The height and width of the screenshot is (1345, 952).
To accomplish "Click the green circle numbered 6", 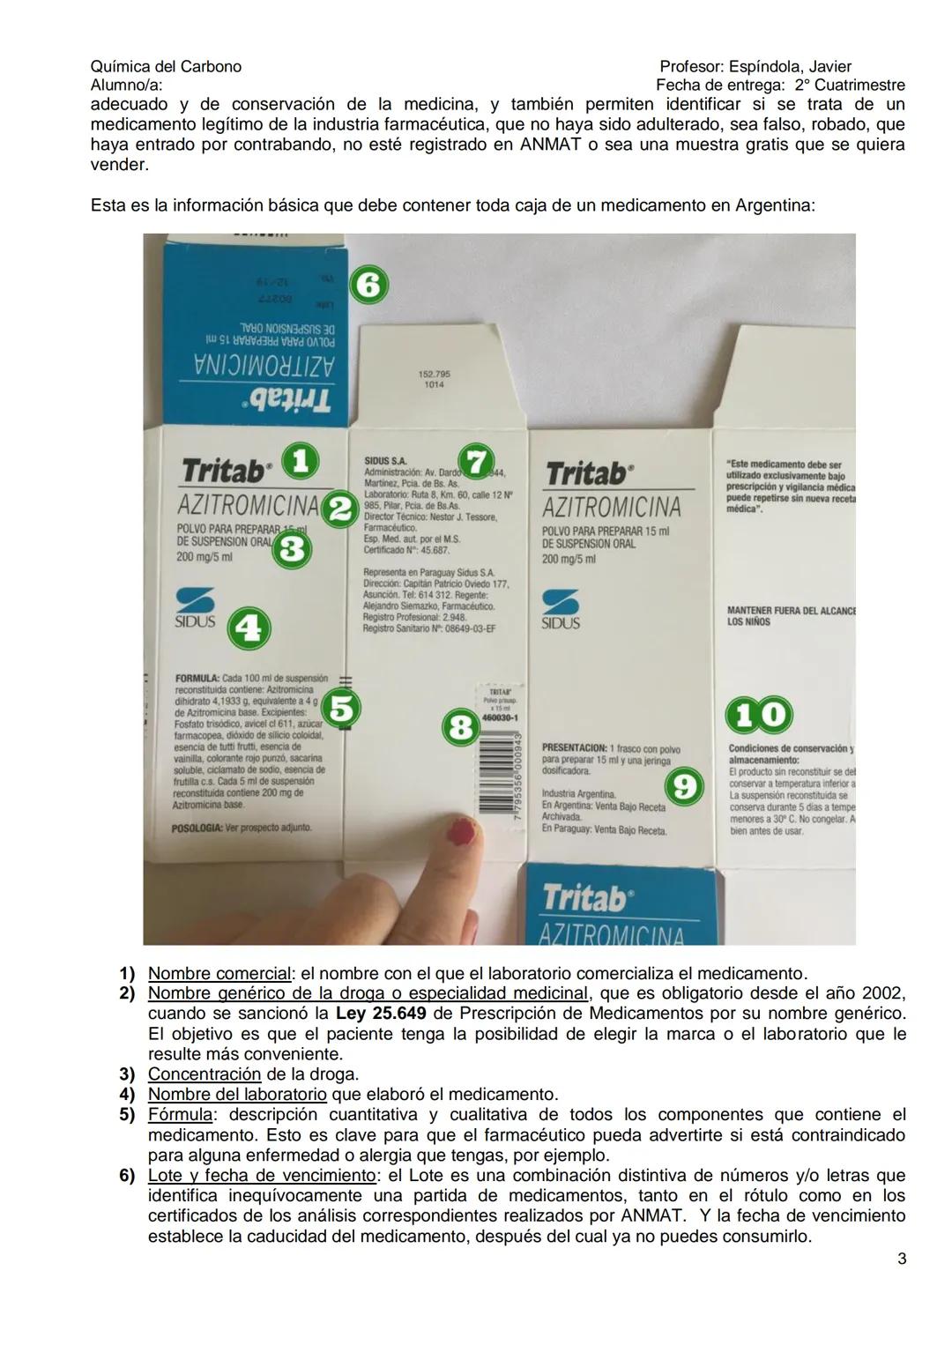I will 370,286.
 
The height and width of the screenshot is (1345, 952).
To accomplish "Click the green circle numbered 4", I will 249,628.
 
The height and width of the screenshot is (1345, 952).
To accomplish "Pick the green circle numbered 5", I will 343,708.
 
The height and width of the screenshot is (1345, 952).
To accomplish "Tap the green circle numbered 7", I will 476,462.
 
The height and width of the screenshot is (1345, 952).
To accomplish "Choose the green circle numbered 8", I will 459,728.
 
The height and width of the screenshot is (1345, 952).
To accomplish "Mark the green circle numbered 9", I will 685,786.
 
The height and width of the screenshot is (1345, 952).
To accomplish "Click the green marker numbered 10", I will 758,714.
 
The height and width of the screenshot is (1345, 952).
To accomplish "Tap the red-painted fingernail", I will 461,830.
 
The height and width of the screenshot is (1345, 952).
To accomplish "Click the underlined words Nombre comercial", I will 219,974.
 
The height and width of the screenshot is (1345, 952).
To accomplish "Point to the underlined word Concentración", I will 205,1074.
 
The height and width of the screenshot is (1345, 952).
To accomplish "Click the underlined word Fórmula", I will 180,1115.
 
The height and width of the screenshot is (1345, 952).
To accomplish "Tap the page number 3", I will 901,1259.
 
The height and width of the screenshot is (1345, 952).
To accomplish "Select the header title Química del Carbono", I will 166,67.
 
